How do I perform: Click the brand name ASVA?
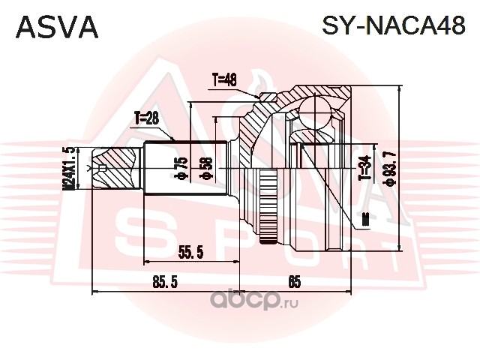pyautogui.click(x=57, y=28)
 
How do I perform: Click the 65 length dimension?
pyautogui.click(x=294, y=282)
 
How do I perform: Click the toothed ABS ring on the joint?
pyautogui.click(x=264, y=202)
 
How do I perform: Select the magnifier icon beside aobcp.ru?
pyautogui.click(x=222, y=302)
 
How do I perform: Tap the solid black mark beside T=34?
pyautogui.click(x=365, y=218)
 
